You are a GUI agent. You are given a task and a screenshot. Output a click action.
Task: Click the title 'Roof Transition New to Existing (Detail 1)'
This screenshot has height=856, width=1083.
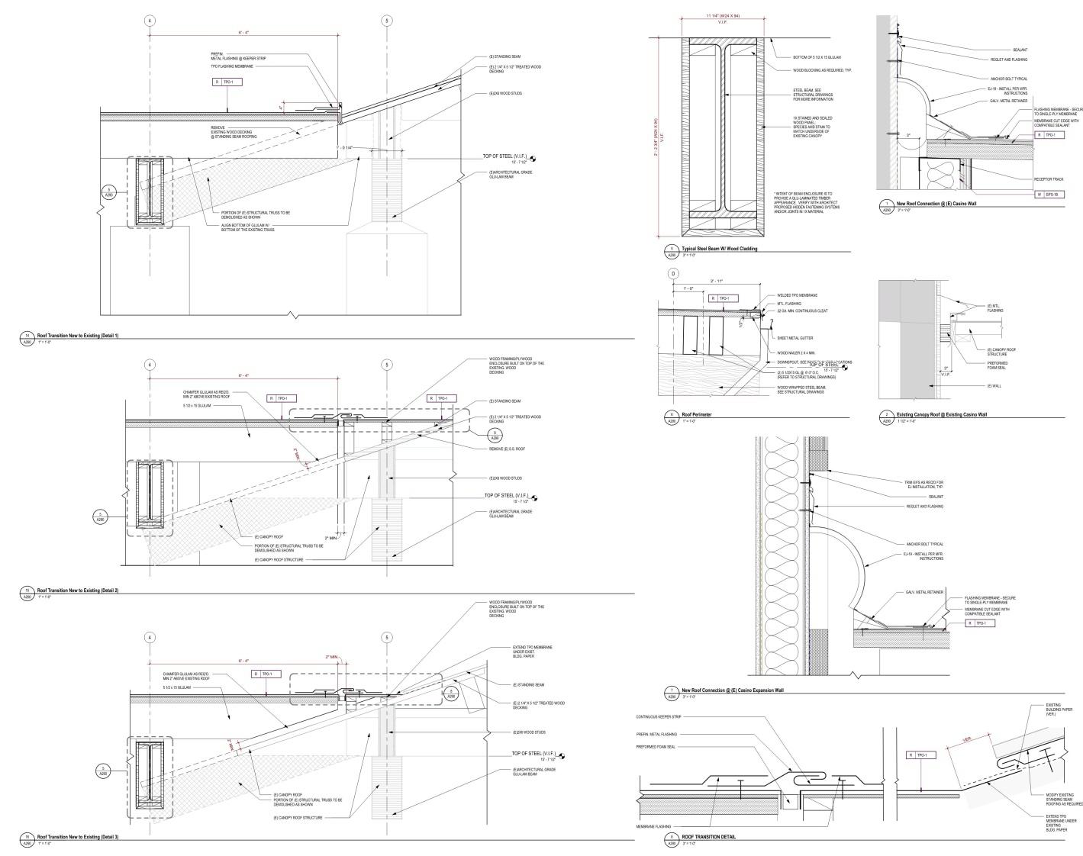(x=78, y=336)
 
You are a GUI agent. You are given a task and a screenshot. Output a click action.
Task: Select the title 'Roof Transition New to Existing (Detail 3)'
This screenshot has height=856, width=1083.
(x=78, y=837)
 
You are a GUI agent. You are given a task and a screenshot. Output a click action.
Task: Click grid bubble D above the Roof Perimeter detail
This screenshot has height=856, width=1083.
(x=673, y=274)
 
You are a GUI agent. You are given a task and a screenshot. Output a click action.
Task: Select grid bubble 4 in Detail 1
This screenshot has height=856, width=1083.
(x=150, y=21)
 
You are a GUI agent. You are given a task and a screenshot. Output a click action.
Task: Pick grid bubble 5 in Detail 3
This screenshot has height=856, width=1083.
(x=387, y=637)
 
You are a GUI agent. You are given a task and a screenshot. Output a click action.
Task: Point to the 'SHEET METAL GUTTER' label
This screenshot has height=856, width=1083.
(x=795, y=337)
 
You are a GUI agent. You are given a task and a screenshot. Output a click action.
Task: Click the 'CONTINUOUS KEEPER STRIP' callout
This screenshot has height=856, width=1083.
(x=658, y=717)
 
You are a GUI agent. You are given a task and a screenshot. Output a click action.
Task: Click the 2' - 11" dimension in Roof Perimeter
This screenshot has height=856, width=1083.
(x=717, y=281)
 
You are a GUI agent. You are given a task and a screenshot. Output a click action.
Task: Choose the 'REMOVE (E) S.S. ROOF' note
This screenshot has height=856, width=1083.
(x=506, y=449)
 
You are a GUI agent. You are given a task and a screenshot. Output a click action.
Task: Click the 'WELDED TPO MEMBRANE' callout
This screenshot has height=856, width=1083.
(x=797, y=295)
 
